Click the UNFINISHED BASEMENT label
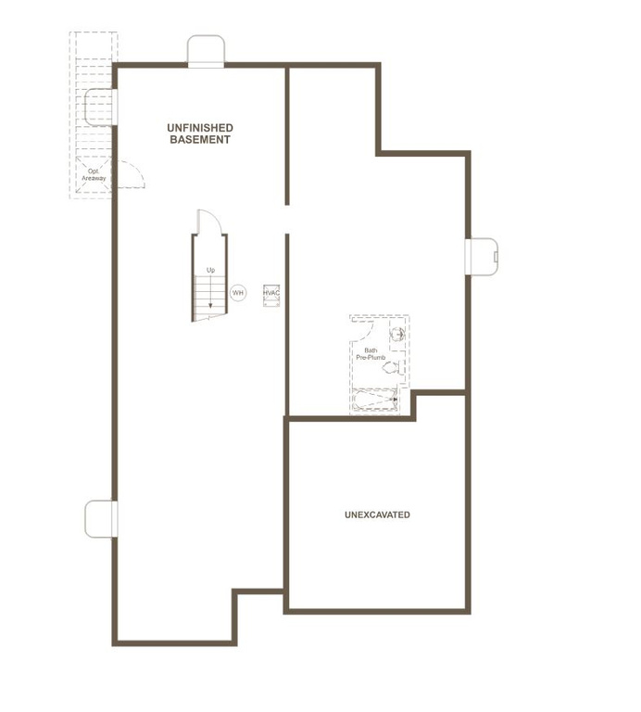(x=199, y=133)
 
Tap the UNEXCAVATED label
(x=377, y=515)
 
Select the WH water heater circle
(x=238, y=293)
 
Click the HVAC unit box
(x=271, y=293)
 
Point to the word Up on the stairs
(x=210, y=270)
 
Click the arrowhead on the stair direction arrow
(x=210, y=303)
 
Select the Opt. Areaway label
(x=94, y=174)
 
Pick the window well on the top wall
(x=207, y=50)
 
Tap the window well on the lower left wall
(x=99, y=518)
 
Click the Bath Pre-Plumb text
(x=370, y=353)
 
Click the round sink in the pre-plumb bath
(x=396, y=335)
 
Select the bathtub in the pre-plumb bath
(x=375, y=401)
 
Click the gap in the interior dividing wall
(x=287, y=219)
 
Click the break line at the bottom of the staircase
(x=210, y=319)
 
